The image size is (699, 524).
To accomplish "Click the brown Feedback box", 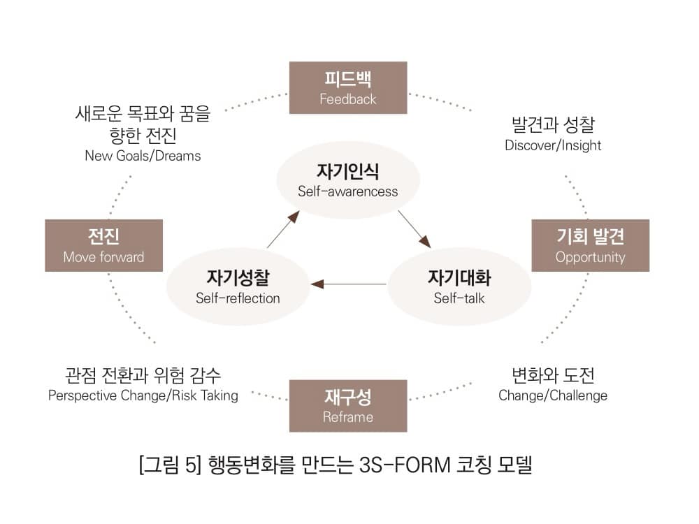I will [348, 87].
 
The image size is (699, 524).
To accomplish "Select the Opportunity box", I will [590, 245].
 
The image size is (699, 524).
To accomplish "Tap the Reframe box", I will [348, 406].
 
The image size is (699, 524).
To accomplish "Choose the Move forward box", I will [103, 245].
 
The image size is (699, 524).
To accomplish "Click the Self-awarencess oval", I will [348, 180].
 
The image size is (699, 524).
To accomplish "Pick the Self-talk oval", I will [459, 286].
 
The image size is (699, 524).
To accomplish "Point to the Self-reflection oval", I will [238, 286].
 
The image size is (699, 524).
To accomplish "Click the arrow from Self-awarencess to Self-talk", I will [414, 228].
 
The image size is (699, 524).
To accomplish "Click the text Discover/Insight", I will [553, 145].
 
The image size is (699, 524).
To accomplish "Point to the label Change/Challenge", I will [553, 395].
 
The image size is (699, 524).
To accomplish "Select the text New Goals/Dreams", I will [143, 155].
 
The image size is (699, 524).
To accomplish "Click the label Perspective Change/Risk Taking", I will [143, 395].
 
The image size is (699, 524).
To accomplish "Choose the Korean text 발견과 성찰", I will [553, 126].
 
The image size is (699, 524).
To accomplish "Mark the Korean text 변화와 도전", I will [553, 375].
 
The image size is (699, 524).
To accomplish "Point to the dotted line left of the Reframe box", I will [269, 396].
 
